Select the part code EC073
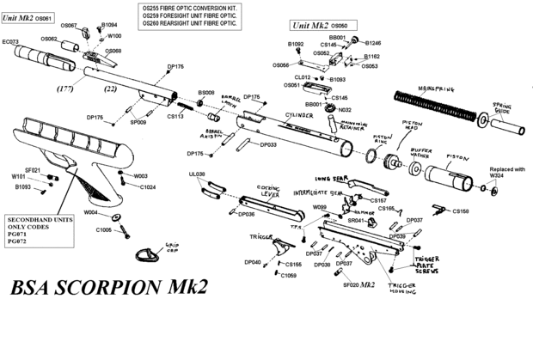pyautogui.click(x=11, y=41)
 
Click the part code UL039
pyautogui.click(x=196, y=174)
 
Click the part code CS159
pyautogui.click(x=461, y=211)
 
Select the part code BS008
pyautogui.click(x=206, y=92)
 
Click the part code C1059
pyautogui.click(x=288, y=276)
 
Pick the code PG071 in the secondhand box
pyautogui.click(x=17, y=234)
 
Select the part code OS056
pyautogui.click(x=280, y=65)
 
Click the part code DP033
pyautogui.click(x=268, y=145)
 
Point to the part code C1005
pyautogui.click(x=103, y=230)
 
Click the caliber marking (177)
pyautogui.click(x=64, y=88)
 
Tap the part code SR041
pyautogui.click(x=356, y=221)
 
